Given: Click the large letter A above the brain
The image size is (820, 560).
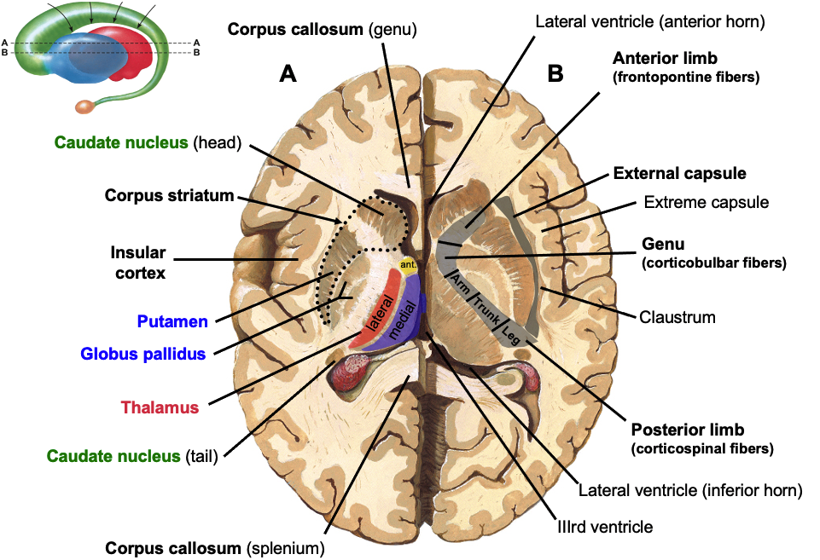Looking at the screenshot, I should click(288, 74).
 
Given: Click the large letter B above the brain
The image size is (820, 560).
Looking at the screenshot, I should click(555, 74).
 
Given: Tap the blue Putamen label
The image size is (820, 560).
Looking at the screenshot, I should click(172, 321).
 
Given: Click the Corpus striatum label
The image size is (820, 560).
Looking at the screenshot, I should click(169, 195).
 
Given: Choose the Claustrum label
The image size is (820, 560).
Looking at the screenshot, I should click(677, 317).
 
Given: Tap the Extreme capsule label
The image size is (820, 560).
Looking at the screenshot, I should click(706, 203).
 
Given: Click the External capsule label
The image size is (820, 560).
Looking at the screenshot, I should click(679, 174).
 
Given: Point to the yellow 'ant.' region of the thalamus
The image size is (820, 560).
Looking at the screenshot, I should click(409, 265).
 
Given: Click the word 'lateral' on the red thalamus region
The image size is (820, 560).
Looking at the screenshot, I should click(381, 312).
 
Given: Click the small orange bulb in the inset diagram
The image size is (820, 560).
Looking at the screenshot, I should click(85, 107).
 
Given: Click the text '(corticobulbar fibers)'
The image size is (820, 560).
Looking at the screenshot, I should click(713, 263).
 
